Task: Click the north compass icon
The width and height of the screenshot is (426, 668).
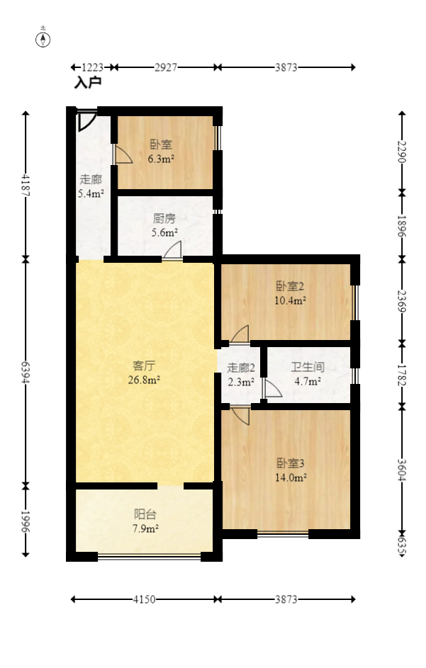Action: point(43,39)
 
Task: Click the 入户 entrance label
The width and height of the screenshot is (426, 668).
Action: point(88,83)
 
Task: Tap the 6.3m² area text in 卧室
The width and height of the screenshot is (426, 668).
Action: point(161,159)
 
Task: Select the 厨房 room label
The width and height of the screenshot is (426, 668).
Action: point(164,219)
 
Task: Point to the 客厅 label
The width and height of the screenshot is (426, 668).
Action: point(145,366)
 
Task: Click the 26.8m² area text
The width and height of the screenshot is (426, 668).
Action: point(145,380)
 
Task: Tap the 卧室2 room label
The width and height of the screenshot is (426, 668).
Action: point(291,287)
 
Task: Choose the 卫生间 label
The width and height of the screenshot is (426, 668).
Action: point(308,368)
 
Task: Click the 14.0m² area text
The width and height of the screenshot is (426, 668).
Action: point(291,478)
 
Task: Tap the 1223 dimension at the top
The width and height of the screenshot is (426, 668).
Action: point(93,67)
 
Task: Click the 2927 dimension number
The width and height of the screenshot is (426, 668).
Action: point(165,67)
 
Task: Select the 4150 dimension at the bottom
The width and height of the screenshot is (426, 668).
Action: point(145,600)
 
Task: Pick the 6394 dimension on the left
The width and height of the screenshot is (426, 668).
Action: point(26,372)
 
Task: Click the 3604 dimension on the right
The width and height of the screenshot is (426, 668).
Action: point(402,467)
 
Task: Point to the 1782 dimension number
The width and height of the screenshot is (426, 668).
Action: point(402,373)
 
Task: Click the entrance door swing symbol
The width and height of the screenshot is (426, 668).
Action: point(86,120)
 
